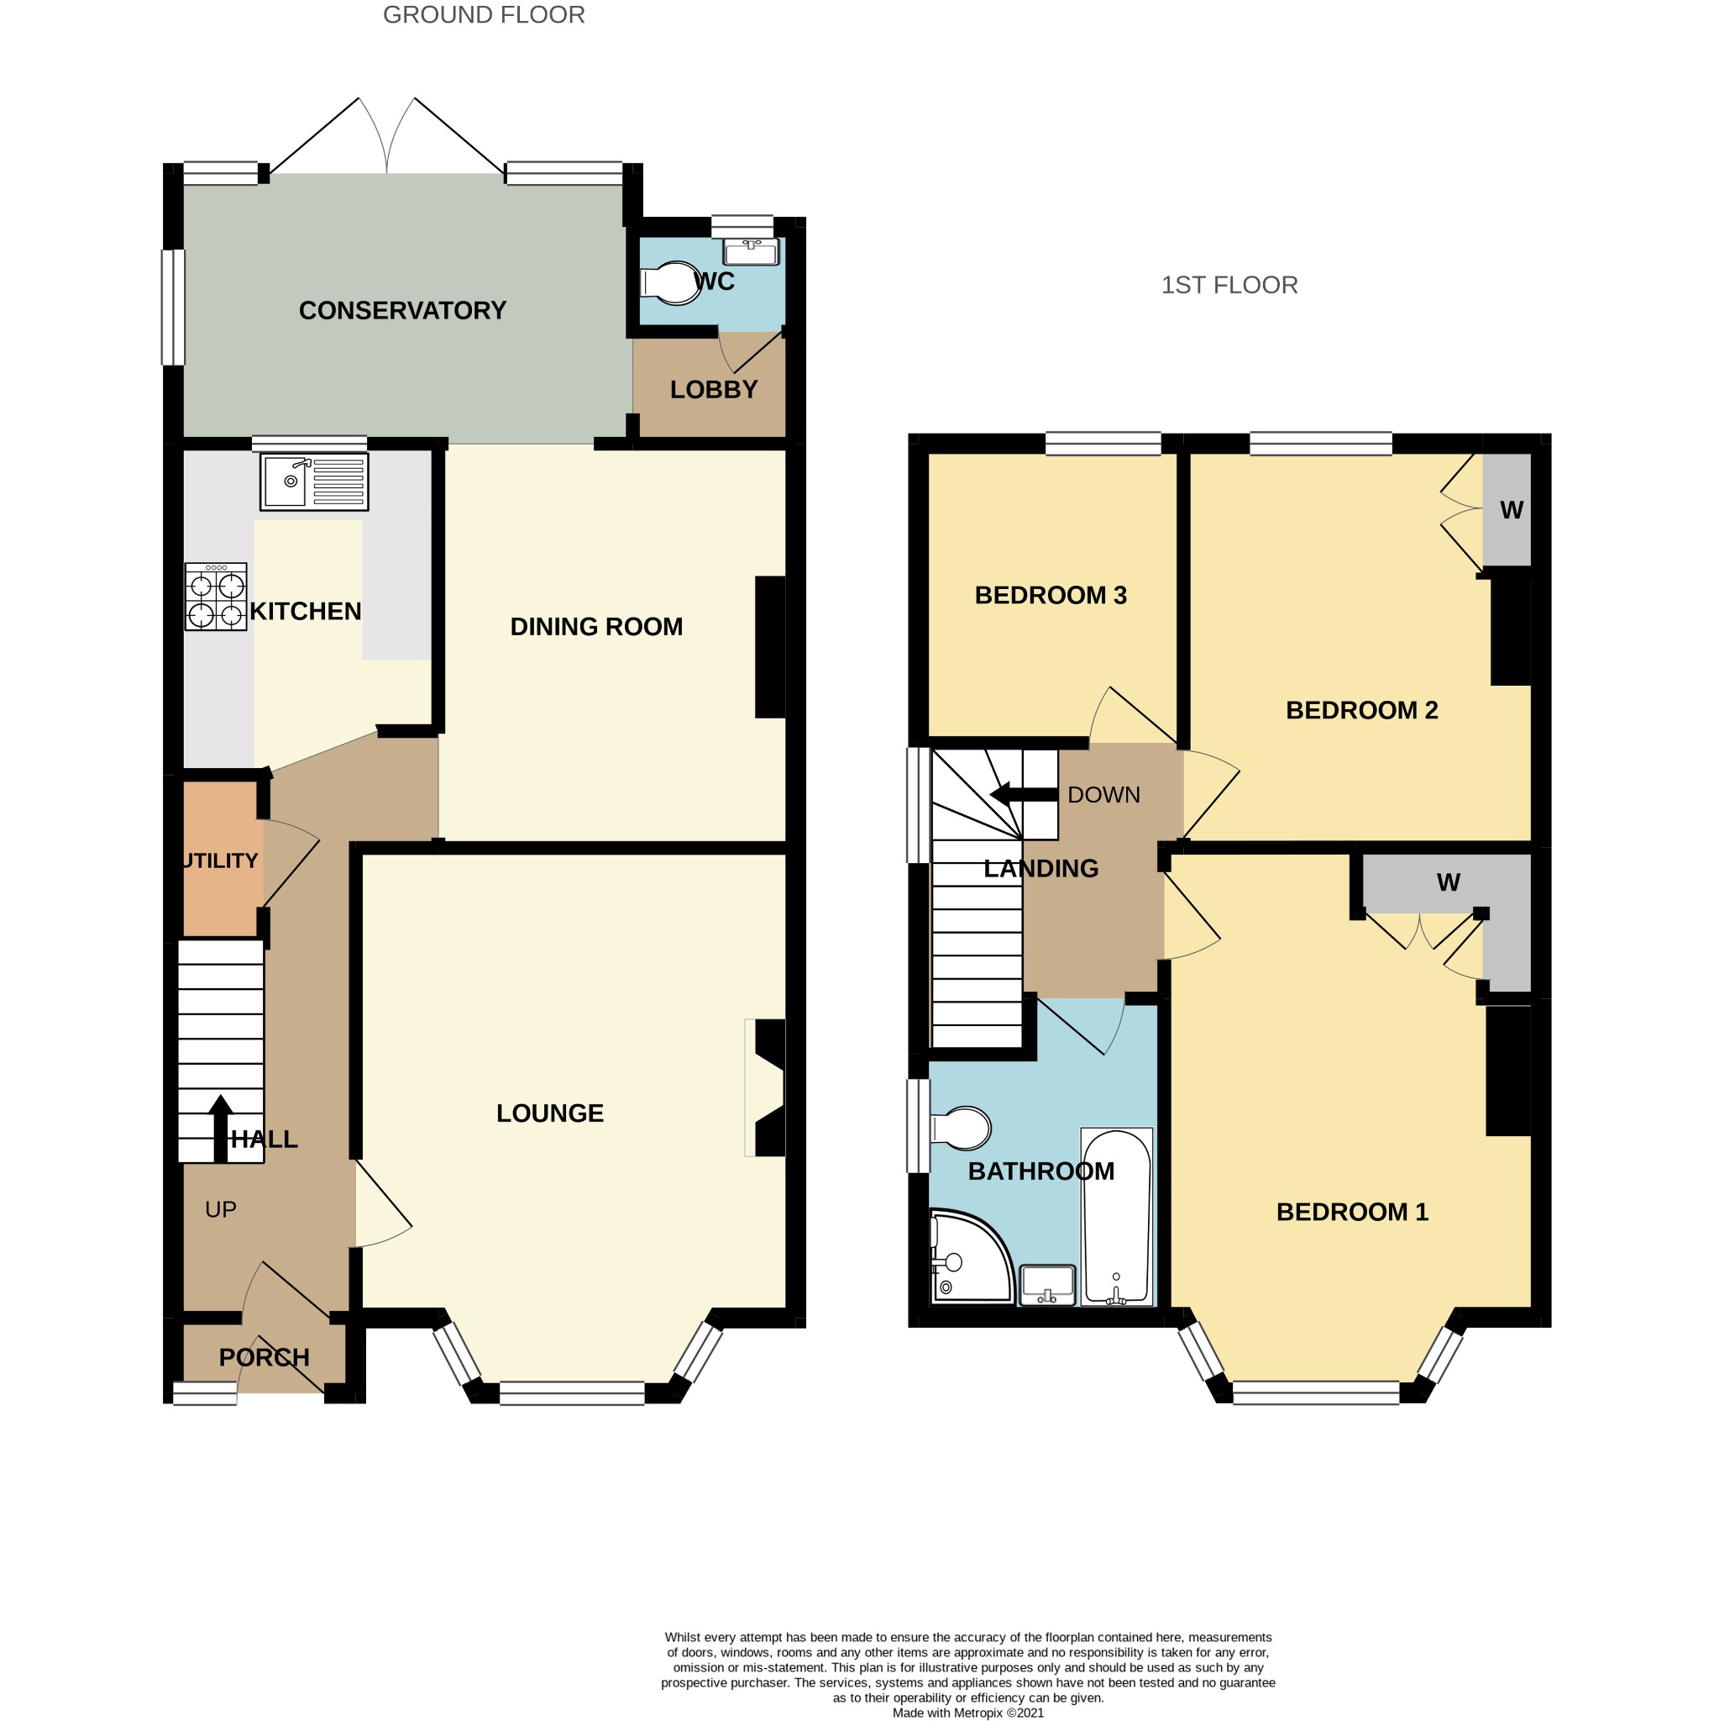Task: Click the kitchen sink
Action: point(313,482)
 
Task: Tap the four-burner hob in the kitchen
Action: point(216,597)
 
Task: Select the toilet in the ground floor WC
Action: point(670,283)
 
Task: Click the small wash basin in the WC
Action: point(751,251)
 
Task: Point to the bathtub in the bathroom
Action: point(1117,1217)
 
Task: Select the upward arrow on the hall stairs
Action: point(221,1129)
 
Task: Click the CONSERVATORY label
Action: point(402,310)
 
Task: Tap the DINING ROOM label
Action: point(596,626)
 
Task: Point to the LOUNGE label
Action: point(550,1113)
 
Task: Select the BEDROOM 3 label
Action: point(1051,595)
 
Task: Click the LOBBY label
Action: point(714,389)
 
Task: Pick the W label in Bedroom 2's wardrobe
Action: point(1512,509)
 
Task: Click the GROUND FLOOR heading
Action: point(484,15)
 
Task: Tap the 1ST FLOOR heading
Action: point(1229,285)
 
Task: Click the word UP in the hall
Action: point(221,1208)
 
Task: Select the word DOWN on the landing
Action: point(1104,795)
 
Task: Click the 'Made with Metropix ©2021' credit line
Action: point(969,1712)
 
